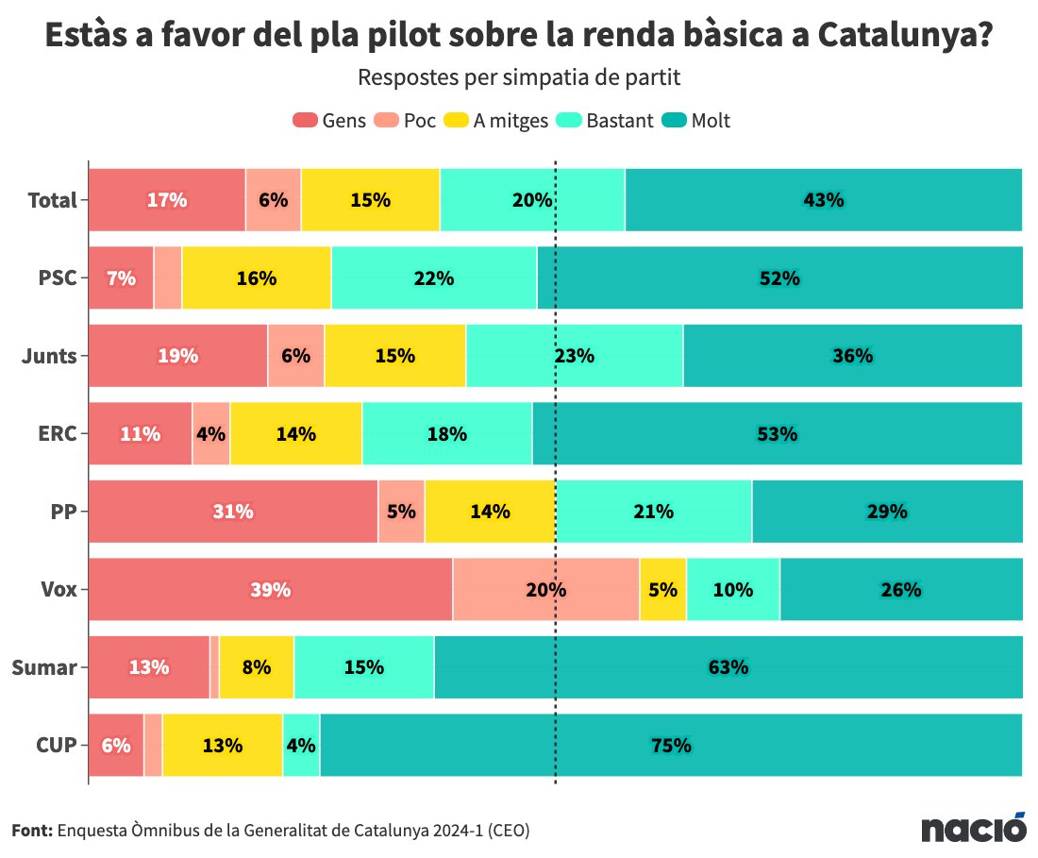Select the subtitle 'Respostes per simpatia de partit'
click(519, 76)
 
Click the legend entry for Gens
click(329, 121)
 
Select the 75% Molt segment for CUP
click(671, 745)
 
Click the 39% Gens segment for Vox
click(270, 590)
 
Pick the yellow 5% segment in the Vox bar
click(662, 590)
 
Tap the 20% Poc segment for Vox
click(545, 590)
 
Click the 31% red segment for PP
click(233, 512)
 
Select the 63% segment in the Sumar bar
click(728, 667)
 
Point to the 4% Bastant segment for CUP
click(301, 745)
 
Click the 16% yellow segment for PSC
click(256, 278)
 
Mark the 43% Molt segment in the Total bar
click(823, 200)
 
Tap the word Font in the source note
click(32, 831)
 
